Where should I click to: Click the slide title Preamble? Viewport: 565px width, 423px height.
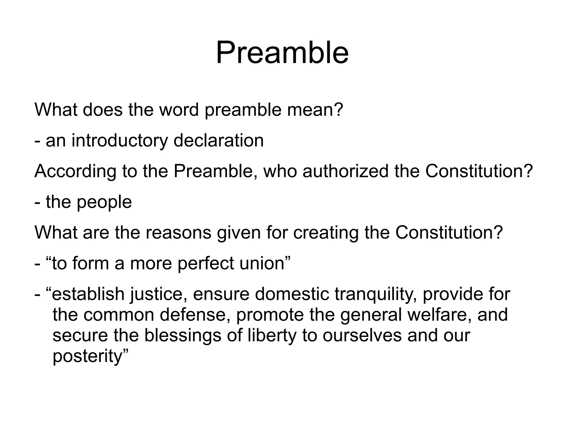tap(282, 52)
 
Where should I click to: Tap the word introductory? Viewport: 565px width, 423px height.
tap(120, 141)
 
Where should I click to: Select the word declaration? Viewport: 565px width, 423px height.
tap(218, 141)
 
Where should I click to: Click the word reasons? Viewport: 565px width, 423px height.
tap(178, 233)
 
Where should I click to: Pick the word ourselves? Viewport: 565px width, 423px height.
tap(362, 336)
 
